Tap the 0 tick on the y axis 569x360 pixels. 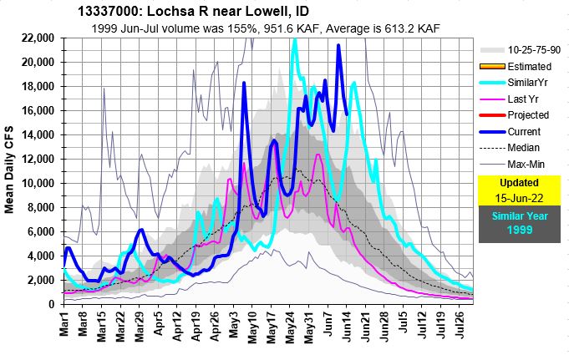coord(53,305)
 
